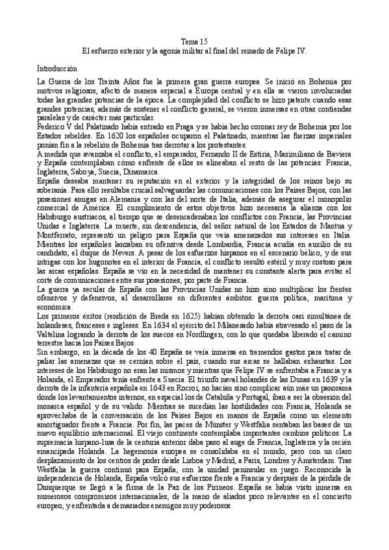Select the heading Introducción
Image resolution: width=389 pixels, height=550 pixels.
click(56, 67)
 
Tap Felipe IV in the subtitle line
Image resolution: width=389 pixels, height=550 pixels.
click(295, 50)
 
